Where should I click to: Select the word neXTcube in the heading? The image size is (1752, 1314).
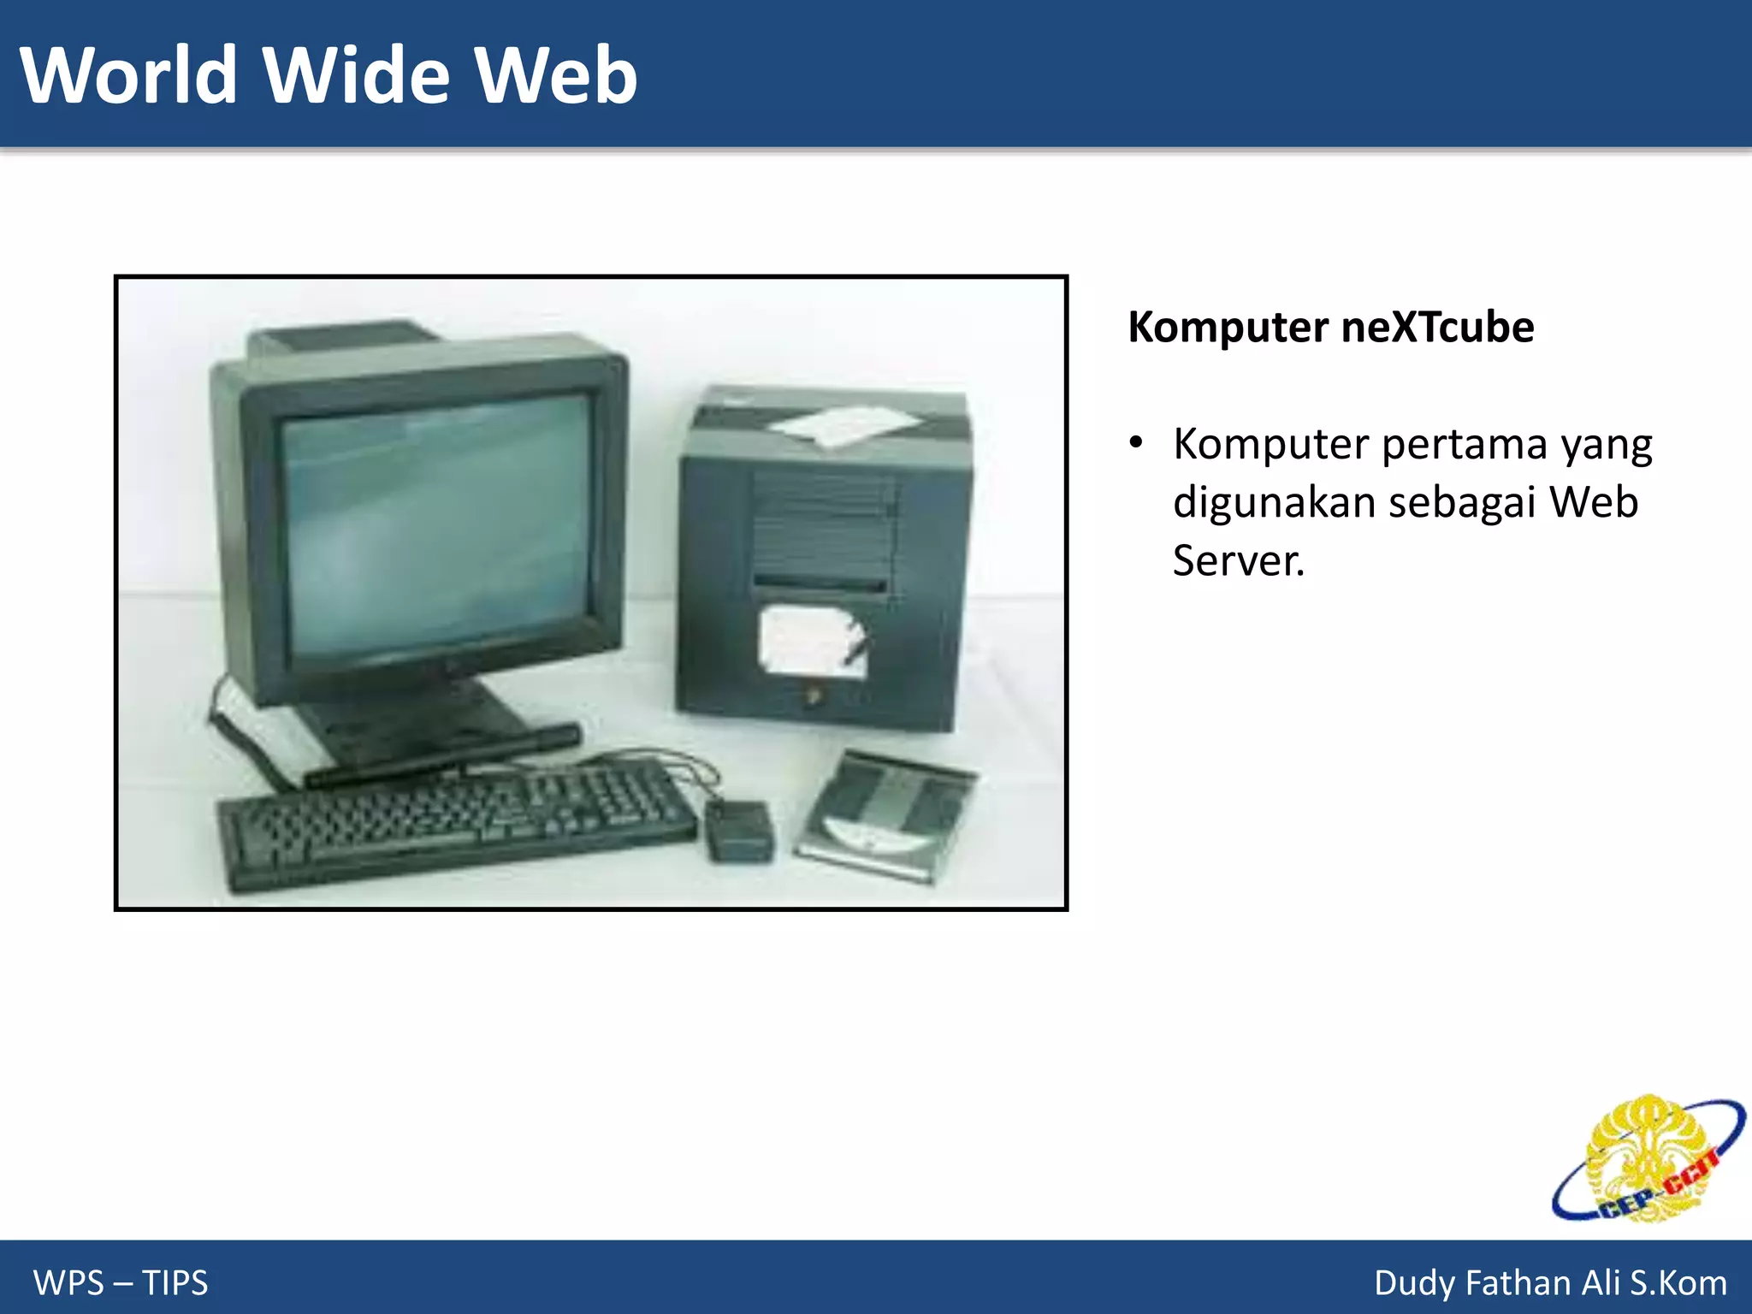click(1437, 327)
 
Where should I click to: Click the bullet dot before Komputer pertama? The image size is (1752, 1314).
click(1135, 443)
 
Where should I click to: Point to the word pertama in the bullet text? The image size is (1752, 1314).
click(1464, 445)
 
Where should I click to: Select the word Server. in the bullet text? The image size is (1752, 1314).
click(1238, 561)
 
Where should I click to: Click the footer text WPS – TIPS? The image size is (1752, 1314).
click(121, 1282)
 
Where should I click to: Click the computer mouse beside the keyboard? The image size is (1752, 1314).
click(738, 830)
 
